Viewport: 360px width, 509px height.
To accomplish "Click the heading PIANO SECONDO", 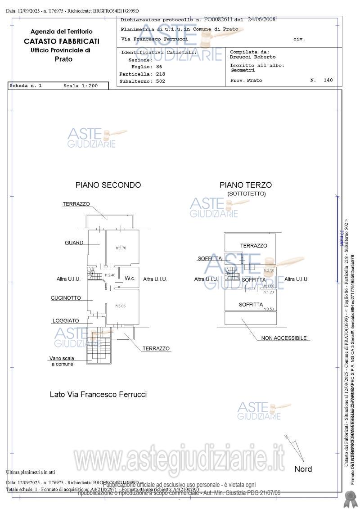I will point(108,185).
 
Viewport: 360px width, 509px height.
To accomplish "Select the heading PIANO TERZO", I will point(245,185).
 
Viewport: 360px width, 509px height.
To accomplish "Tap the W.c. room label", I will point(130,279).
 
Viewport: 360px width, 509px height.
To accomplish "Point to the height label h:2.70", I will point(121,248).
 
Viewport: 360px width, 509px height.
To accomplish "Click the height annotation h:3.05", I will point(120,306).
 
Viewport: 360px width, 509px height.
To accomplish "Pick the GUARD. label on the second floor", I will point(75,243).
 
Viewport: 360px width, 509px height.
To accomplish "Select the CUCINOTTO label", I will point(66,298).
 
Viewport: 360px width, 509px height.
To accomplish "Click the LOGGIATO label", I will point(66,321).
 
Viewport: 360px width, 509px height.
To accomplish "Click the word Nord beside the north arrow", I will point(303,469).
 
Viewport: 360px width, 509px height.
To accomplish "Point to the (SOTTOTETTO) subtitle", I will point(247,194).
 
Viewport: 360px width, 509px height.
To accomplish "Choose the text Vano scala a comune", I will point(62,361).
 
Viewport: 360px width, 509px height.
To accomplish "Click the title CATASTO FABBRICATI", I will point(62,41).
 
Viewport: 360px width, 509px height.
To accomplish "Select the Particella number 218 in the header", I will point(161,73).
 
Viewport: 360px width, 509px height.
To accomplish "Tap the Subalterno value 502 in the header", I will point(161,81).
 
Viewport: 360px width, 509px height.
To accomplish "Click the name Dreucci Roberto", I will point(253,57).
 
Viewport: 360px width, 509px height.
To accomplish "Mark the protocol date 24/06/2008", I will point(261,19).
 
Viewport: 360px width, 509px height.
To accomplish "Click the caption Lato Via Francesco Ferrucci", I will point(98,394).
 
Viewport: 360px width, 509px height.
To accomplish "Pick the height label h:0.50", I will point(269,309).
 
